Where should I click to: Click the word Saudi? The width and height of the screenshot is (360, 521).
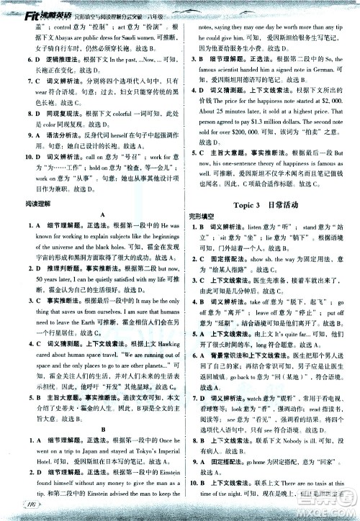[x=141, y=42]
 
